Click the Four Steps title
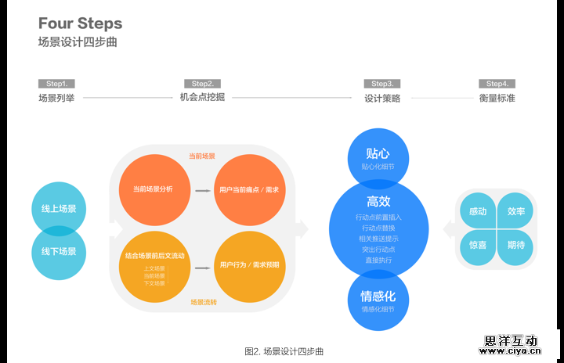[80, 24]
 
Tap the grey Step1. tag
[56, 84]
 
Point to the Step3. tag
[382, 84]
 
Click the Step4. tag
[497, 84]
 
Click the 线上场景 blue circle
[59, 209]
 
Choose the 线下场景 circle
[59, 252]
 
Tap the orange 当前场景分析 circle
[153, 189]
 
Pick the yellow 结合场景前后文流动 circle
[154, 264]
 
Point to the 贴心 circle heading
[378, 153]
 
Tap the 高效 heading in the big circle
[378, 202]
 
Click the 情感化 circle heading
[378, 297]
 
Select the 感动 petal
[478, 211]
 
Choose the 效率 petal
[516, 211]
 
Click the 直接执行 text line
[378, 259]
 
